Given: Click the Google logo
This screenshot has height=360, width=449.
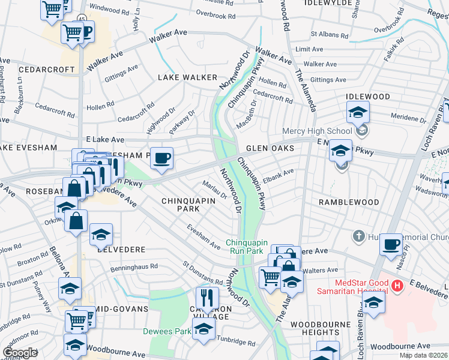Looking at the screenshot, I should point(20,353).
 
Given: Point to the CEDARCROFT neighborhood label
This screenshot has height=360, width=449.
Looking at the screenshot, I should point(47,70).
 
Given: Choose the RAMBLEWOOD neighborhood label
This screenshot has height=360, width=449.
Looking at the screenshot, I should point(349,202).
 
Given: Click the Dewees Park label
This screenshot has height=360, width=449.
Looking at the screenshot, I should point(166,331).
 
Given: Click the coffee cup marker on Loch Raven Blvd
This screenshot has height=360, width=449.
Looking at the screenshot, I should point(391,244).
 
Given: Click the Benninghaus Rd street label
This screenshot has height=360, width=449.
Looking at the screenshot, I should point(137,266).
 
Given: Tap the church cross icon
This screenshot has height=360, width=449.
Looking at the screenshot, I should point(359,235).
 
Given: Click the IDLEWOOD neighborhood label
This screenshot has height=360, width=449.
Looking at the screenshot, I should point(367,97).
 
